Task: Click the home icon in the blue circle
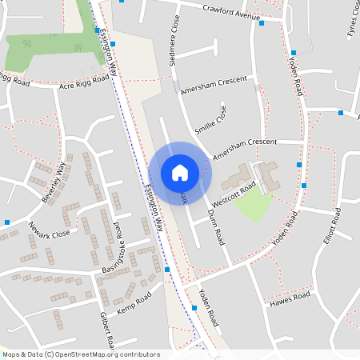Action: point(180,173)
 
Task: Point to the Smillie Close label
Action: point(210,120)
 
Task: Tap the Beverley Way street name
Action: point(52,180)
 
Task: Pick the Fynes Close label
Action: point(351,18)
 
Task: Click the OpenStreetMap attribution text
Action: point(81,354)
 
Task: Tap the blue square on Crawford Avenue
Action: point(262,23)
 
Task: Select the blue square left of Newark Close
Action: point(7,222)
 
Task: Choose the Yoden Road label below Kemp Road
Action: point(209,307)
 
